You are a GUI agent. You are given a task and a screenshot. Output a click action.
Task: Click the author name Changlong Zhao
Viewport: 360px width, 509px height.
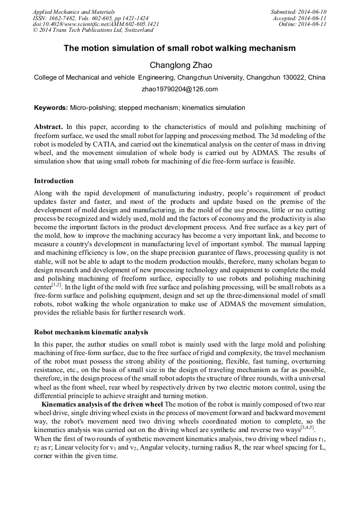coord(181,65)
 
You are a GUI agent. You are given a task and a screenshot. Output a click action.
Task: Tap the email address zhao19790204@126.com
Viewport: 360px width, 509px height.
coord(179,89)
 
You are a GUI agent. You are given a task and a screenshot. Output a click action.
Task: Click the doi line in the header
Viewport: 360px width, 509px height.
coord(96,24)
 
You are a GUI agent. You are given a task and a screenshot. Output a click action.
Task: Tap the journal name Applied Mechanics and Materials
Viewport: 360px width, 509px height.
coord(74,12)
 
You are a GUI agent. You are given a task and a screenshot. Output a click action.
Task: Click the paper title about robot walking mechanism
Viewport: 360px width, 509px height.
coord(179,48)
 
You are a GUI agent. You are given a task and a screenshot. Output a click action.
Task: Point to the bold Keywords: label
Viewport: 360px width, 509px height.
coord(50,108)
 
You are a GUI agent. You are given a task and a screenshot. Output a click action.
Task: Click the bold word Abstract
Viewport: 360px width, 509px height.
coord(48,127)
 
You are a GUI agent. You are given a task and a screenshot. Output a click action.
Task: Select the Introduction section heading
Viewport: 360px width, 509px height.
coord(54,181)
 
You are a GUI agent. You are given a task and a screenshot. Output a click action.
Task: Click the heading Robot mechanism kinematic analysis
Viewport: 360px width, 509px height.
coord(91,332)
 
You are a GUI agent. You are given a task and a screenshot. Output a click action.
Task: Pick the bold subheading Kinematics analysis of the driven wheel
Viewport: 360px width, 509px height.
coord(102,404)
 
